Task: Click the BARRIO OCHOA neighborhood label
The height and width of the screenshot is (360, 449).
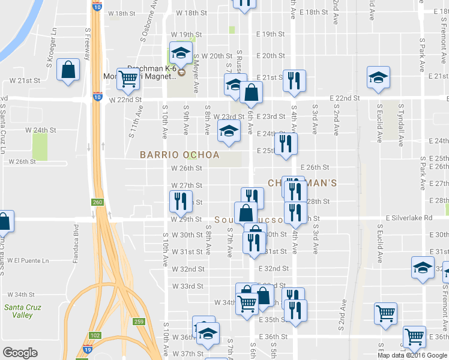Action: (x=179, y=155)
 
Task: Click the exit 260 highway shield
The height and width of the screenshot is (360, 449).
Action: (x=97, y=202)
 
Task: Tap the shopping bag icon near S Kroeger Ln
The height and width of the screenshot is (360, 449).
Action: (x=68, y=70)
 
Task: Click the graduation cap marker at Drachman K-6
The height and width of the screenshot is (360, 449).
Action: (x=179, y=53)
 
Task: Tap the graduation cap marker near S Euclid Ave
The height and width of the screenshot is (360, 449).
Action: (x=378, y=79)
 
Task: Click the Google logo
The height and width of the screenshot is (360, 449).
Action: (x=20, y=353)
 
